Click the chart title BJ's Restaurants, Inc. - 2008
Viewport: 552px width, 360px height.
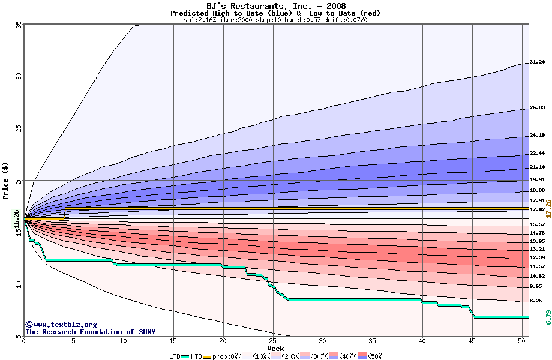pos(276,6)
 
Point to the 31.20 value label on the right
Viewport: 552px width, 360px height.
pos(537,62)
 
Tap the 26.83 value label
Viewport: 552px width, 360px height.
pos(537,108)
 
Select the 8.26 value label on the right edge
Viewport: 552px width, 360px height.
pos(535,301)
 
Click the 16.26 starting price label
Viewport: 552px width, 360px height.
pos(16,219)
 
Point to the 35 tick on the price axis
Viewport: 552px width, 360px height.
pos(18,25)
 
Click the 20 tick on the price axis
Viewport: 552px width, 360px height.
pos(18,181)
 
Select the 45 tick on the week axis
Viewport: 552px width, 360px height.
pos(472,341)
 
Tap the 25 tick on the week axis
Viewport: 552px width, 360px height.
pos(273,341)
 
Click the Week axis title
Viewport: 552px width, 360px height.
pos(275,349)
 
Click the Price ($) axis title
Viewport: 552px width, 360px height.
pos(6,180)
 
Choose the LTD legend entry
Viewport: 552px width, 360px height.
pos(175,356)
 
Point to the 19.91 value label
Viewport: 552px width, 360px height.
pos(537,179)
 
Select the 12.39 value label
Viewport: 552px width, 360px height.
pos(537,257)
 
